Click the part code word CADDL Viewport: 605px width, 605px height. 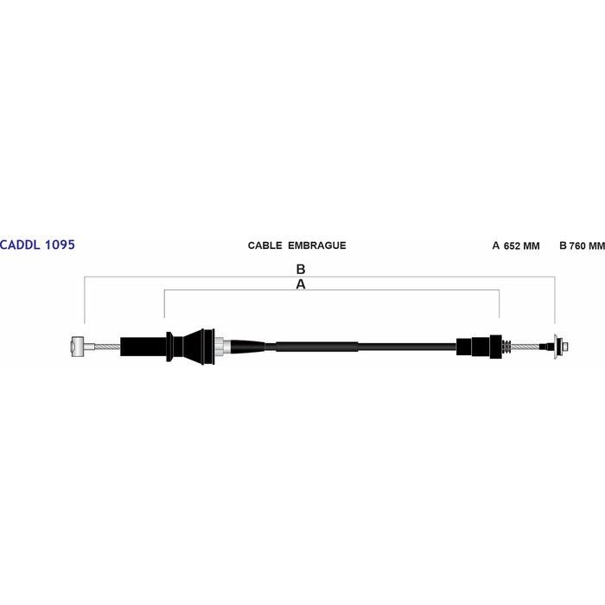coord(21,245)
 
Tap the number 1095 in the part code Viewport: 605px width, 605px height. coord(60,245)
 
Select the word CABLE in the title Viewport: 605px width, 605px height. coord(264,245)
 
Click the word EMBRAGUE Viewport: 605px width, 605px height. coord(317,245)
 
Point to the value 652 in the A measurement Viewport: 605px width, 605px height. coord(512,246)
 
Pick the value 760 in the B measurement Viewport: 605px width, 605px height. coord(577,246)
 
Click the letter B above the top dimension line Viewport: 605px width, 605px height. coord(301,269)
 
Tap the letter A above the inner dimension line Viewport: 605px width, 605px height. coord(301,284)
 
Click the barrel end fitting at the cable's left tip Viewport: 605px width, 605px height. coord(78,347)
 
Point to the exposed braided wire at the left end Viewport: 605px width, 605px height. coord(107,347)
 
